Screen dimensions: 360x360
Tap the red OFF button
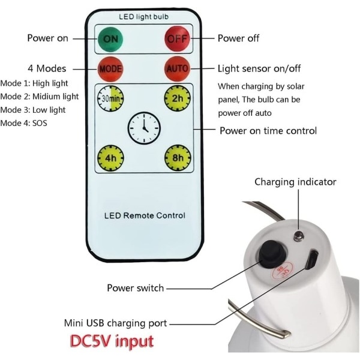coord(178,38)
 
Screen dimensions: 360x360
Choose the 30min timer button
coord(111,98)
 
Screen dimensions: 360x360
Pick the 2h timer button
coord(178,98)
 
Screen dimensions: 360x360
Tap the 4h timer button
coord(111,159)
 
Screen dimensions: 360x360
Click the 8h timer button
coord(178,159)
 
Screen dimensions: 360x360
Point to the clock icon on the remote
coord(144,127)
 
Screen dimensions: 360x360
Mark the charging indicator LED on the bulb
coord(298,235)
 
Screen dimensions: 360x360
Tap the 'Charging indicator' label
coord(295,182)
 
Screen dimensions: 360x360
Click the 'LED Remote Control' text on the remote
coord(145,215)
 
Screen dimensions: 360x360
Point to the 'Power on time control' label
coord(268,130)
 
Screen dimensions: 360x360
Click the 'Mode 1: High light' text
coord(35,83)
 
